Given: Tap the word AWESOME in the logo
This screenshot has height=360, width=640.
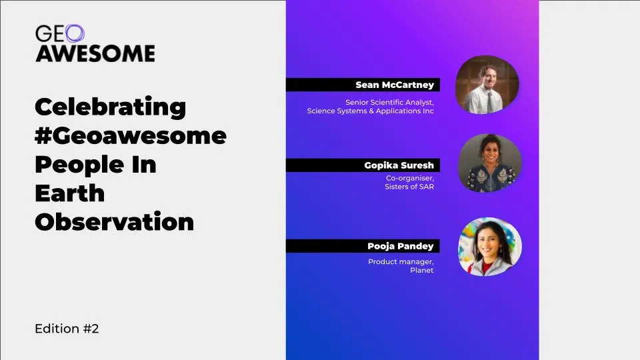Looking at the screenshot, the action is click(x=95, y=53).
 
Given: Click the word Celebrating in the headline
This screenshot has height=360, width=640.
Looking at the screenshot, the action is click(x=110, y=107).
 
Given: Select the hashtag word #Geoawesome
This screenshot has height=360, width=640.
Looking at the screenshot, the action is click(x=131, y=136).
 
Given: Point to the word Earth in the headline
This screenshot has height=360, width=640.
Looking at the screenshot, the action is click(x=70, y=193).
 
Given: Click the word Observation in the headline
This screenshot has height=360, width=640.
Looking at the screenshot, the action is click(x=114, y=221).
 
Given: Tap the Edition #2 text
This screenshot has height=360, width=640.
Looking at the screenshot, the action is click(x=67, y=329).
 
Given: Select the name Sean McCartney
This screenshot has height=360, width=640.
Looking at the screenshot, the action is click(x=395, y=85).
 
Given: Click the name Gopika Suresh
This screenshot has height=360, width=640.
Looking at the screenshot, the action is click(x=399, y=165).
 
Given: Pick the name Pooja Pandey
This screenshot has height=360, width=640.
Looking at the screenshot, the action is click(x=401, y=246).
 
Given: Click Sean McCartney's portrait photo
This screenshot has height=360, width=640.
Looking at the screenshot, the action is click(x=487, y=85).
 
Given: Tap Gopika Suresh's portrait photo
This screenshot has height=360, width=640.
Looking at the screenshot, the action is click(x=490, y=163).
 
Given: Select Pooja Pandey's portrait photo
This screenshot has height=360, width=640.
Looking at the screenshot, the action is click(x=490, y=247).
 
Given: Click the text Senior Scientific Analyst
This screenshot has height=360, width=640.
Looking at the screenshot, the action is click(x=389, y=103).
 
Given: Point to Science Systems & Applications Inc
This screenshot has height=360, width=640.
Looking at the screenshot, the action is click(x=370, y=111).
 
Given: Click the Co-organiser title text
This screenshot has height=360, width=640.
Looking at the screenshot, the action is click(x=410, y=179).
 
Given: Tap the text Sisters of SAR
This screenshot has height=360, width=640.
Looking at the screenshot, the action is click(x=409, y=187).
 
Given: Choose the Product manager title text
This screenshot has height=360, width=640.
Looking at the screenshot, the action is click(x=401, y=261).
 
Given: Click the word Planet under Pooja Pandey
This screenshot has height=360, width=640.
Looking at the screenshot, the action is click(x=421, y=270).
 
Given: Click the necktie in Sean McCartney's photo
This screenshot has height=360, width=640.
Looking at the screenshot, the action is click(x=489, y=101).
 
